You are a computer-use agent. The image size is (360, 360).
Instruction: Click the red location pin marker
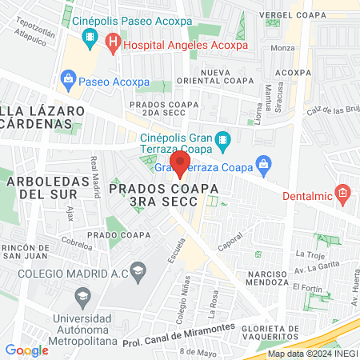coord(180,163)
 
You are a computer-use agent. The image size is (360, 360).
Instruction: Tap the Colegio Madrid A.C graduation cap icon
coord(138,272)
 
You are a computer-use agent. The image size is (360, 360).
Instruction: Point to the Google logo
coord(26,350)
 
